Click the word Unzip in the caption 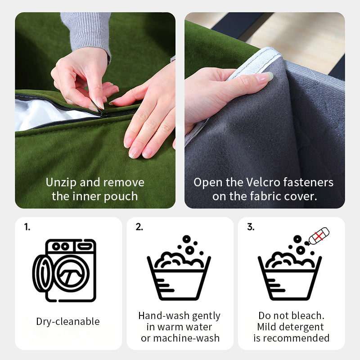[61, 183]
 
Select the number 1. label [27, 227]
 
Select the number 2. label [139, 227]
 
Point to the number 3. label [251, 227]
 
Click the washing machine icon [64, 270]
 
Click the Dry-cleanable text [68, 321]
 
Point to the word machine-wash [186, 338]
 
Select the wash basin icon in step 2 [179, 268]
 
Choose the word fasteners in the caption [308, 182]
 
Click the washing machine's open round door [43, 274]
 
